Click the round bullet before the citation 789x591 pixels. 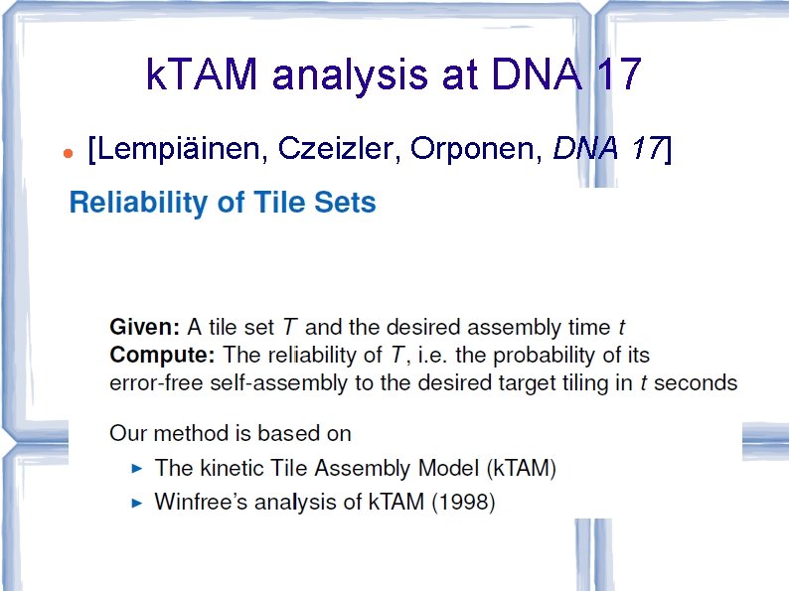click(65, 155)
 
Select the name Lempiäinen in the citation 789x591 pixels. click(179, 149)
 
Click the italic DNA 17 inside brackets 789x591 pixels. click(607, 149)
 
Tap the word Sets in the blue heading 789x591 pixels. click(344, 204)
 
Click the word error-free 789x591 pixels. click(150, 382)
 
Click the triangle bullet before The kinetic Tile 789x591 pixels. click(138, 467)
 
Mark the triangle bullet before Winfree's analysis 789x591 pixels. click(138, 503)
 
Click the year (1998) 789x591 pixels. click(463, 503)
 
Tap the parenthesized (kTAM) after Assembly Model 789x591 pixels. click(524, 468)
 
